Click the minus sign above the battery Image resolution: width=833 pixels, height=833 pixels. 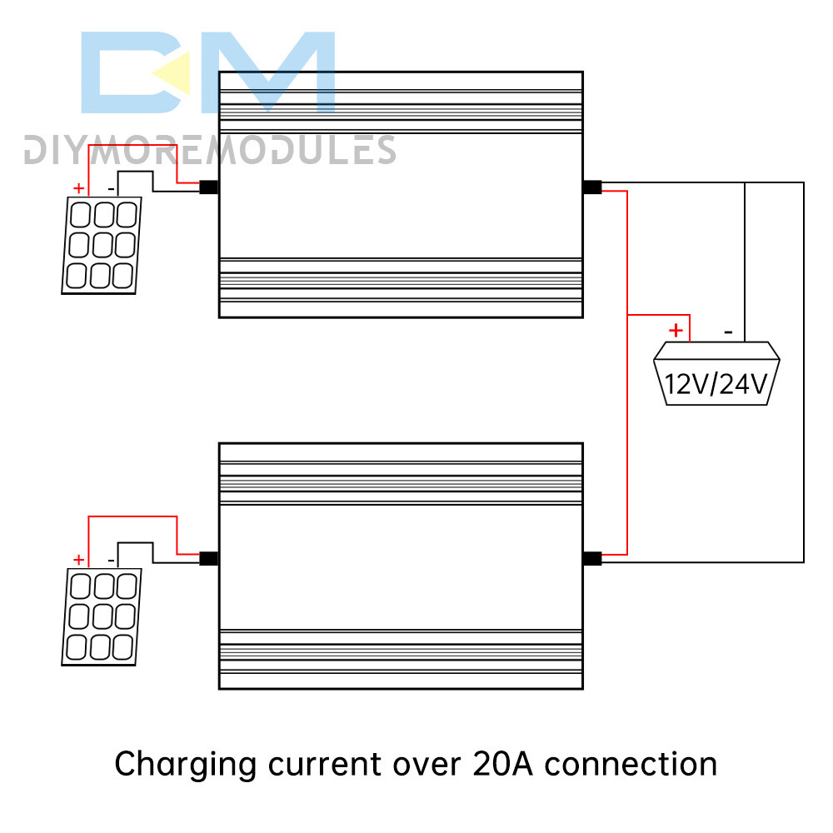729,332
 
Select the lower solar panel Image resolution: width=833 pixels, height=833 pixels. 102,617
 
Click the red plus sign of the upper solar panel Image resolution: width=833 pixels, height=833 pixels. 78,188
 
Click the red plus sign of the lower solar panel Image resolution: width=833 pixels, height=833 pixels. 78,560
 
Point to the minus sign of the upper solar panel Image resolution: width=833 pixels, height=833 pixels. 110,188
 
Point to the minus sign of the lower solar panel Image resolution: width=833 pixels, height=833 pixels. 110,560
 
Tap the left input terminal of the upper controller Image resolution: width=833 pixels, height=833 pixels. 209,187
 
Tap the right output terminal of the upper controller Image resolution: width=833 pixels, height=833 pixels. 592,187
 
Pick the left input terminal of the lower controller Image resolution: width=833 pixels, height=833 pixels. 209,559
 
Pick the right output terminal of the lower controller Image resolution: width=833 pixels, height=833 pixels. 592,559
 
